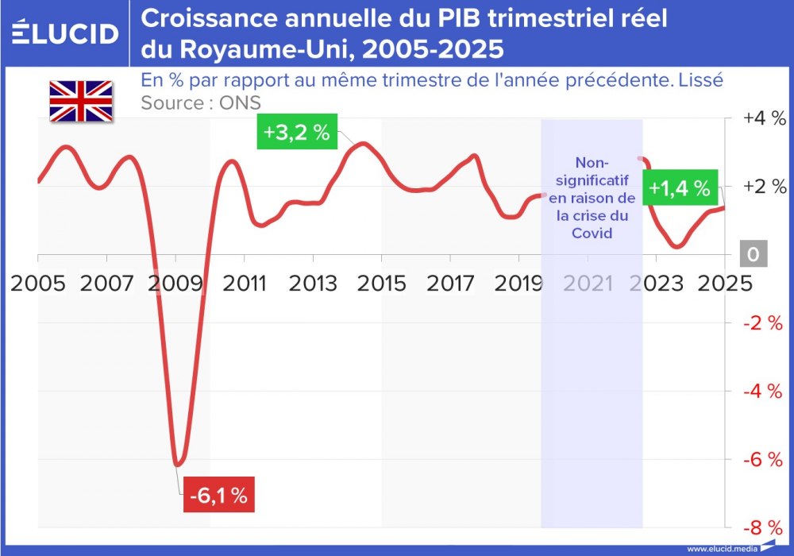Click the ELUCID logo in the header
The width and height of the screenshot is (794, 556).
(x=66, y=33)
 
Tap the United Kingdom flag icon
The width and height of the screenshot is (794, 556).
(x=80, y=101)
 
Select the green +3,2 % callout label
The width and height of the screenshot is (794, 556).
(x=296, y=132)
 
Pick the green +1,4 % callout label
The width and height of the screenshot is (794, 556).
(x=679, y=188)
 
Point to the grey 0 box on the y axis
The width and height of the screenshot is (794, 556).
(x=753, y=255)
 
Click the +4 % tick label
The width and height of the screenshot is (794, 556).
(x=764, y=118)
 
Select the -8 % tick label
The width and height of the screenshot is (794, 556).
(x=764, y=527)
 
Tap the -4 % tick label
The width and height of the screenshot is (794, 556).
(x=764, y=391)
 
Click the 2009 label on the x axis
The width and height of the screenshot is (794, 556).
(x=175, y=283)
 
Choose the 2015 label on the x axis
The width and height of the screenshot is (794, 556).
(x=381, y=283)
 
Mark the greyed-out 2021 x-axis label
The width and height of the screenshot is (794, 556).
(x=588, y=283)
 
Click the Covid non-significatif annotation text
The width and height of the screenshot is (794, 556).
(x=592, y=196)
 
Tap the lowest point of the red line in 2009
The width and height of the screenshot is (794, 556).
(x=179, y=465)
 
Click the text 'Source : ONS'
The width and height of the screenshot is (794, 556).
(x=200, y=103)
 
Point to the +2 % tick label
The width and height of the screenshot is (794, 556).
(x=764, y=187)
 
